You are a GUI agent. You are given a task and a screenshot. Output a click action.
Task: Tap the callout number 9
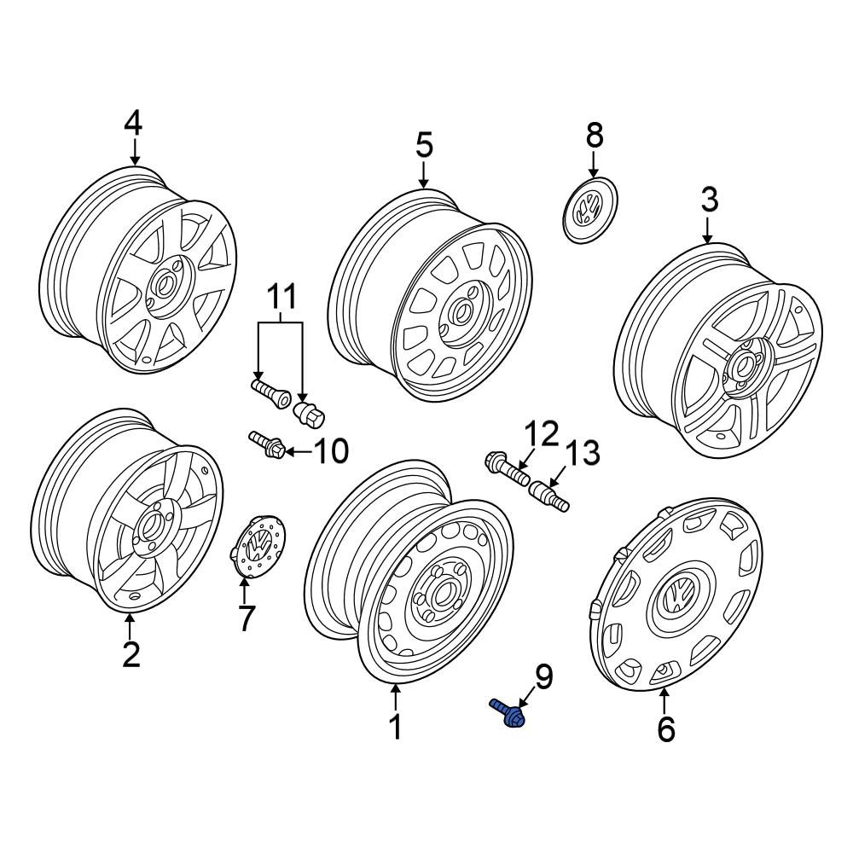[x=543, y=676]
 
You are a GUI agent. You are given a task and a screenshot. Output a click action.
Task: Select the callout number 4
[x=133, y=123]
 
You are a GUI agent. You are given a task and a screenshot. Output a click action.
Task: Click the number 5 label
[x=424, y=145]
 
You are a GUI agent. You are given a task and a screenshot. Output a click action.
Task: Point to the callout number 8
[x=595, y=135]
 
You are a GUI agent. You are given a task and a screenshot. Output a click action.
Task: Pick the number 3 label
[x=710, y=200]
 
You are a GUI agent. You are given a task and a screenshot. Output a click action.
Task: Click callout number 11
[x=281, y=297]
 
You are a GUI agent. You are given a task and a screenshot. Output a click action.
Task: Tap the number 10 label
[x=331, y=451]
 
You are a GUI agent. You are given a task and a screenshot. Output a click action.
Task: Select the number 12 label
[x=542, y=433]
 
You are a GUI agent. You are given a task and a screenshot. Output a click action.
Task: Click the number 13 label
[x=583, y=453]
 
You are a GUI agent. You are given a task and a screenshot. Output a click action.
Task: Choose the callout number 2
[x=131, y=654]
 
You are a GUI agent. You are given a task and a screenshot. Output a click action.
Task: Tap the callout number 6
[x=666, y=729]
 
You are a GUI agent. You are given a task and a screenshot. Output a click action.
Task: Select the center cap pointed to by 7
[x=258, y=546]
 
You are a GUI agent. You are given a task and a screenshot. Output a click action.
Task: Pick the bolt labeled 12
[x=507, y=469]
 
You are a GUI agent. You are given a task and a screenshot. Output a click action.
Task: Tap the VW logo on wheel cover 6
[x=678, y=593]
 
